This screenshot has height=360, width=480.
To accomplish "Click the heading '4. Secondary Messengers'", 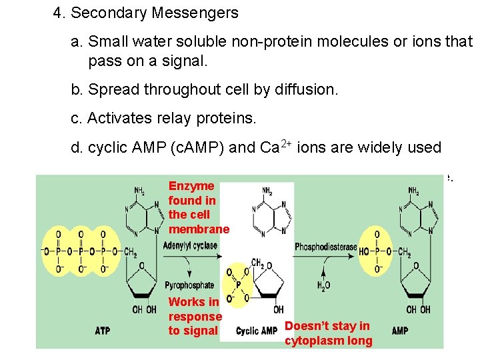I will [145, 13].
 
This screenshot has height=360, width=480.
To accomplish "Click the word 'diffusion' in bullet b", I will [308, 89].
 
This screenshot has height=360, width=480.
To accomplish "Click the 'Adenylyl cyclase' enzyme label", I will [189, 245].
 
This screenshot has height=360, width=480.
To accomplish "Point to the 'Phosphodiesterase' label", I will [325, 247].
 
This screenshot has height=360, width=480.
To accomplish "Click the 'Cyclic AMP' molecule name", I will [257, 331].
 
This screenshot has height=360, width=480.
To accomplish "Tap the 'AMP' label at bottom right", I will [400, 331].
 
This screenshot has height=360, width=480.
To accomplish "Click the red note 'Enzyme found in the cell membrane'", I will [198, 207].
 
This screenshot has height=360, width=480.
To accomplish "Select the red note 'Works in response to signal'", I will [195, 316].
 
